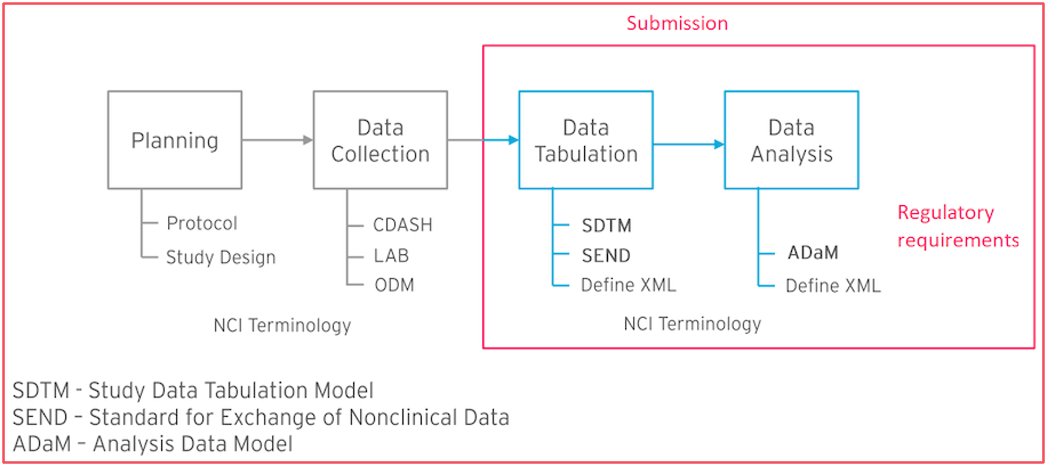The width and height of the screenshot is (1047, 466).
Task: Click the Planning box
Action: click(x=175, y=140)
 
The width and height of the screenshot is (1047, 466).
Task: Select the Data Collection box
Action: click(x=380, y=140)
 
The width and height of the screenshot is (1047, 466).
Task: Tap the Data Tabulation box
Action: click(x=585, y=140)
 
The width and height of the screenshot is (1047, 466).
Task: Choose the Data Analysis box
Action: click(x=791, y=140)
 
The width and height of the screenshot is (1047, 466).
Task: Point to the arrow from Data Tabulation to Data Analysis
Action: click(x=688, y=145)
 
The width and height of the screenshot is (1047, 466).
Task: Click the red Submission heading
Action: click(x=677, y=23)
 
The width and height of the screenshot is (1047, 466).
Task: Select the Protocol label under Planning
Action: click(x=202, y=223)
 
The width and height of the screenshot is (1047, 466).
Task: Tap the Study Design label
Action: click(x=220, y=257)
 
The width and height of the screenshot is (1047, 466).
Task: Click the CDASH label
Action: click(x=403, y=225)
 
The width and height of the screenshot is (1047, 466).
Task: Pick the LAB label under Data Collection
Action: click(x=391, y=256)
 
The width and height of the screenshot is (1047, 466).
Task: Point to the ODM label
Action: click(x=394, y=285)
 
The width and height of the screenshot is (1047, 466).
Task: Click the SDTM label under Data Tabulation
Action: click(x=606, y=225)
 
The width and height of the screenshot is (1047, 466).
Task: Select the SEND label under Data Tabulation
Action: click(x=606, y=256)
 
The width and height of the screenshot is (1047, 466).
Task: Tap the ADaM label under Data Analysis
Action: click(x=813, y=253)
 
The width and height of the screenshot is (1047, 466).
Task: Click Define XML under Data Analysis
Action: click(x=833, y=286)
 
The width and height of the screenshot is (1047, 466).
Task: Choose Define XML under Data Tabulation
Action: click(x=628, y=285)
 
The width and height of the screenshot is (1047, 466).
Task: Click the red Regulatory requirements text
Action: click(x=957, y=226)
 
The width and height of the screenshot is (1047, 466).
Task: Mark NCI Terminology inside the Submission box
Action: click(x=692, y=324)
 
